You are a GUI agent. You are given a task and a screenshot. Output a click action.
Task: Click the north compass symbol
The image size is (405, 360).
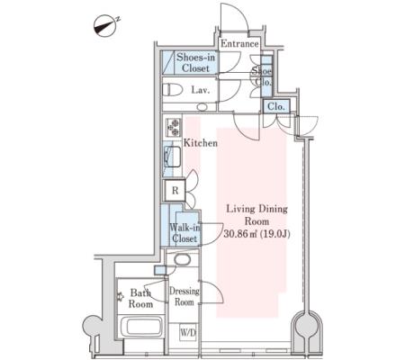tap(105, 26)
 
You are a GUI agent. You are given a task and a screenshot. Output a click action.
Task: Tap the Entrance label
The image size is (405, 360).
tap(239, 44)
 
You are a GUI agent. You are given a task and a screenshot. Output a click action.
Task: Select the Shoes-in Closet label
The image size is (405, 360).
tap(195, 62)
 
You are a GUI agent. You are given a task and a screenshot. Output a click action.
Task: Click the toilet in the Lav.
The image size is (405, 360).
tap(173, 90)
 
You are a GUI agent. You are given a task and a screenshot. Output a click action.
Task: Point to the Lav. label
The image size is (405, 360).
tap(200, 90)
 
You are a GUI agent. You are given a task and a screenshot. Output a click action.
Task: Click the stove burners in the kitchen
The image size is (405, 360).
tap(174, 128)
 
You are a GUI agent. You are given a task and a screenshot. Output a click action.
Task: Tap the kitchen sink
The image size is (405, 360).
tap(173, 157)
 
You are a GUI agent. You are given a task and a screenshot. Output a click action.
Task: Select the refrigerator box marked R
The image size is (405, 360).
tap(175, 191)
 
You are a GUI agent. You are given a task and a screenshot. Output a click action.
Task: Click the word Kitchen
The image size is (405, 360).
tap(201, 143)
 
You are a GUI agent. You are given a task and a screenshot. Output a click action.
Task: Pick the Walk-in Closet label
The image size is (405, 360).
tap(184, 233)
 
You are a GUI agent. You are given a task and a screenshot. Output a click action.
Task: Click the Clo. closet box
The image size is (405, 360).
tap(276, 106)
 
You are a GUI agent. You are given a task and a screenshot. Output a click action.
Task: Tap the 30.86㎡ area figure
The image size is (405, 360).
tap(242, 234)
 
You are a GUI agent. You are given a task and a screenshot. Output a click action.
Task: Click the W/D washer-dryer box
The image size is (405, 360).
tap(188, 332)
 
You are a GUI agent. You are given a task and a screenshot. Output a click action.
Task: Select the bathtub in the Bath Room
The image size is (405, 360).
tap(144, 327)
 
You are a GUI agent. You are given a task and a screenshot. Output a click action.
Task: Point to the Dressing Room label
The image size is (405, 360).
tap(184, 296)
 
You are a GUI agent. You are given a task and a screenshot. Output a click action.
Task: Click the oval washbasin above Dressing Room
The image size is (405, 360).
tap(182, 260)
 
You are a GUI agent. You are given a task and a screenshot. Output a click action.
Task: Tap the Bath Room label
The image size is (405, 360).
tap(140, 298)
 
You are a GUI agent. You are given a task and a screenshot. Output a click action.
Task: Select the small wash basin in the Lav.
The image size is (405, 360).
tap(202, 107)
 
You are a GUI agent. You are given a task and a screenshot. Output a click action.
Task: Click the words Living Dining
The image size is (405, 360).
tap(256, 209)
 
